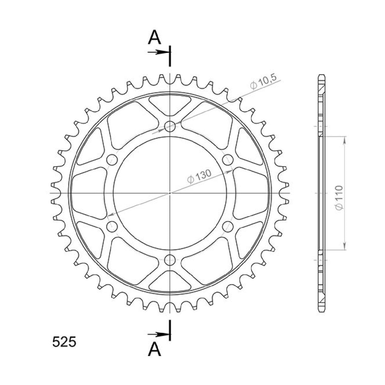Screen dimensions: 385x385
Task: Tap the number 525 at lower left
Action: click(64, 342)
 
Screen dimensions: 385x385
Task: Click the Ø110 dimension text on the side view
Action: click(339, 198)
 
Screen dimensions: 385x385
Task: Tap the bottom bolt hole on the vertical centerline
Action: click(170, 260)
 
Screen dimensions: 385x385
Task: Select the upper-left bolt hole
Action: click(112, 159)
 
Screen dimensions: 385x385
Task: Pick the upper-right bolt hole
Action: click(228, 159)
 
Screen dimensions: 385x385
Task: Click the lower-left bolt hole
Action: click(112, 226)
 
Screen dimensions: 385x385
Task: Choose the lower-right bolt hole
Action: click(228, 226)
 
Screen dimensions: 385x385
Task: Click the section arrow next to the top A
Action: click(158, 52)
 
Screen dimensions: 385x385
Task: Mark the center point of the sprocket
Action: click(170, 193)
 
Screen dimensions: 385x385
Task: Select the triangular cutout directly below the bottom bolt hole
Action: click(170, 281)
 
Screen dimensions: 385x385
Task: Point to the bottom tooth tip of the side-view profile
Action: click(321, 311)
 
